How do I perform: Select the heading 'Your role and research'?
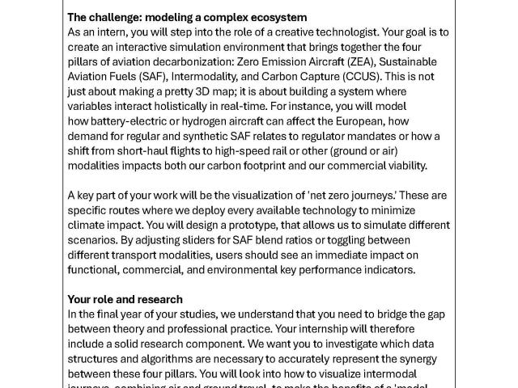coord(125,299)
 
